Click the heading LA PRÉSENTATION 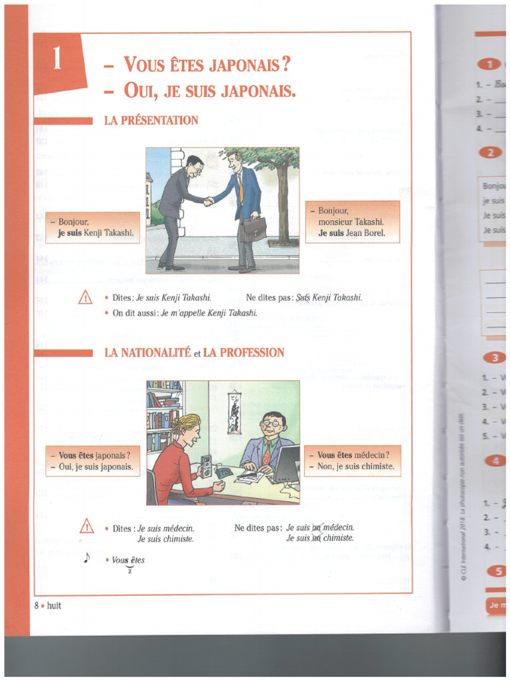[151, 120]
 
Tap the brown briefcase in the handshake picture [254, 229]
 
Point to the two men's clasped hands [209, 202]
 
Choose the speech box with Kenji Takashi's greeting [92, 227]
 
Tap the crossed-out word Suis [303, 298]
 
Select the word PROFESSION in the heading [244, 352]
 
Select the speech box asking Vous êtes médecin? [353, 461]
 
